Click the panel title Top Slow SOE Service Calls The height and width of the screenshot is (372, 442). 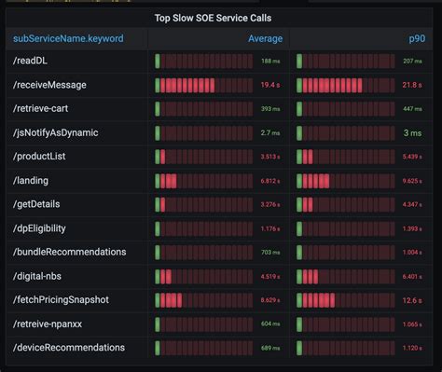coord(220,18)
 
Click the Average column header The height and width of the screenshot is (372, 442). coord(265,39)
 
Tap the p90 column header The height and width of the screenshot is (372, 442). coord(415,39)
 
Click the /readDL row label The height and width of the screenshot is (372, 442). coord(31,62)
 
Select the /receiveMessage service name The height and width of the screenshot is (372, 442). coord(49,85)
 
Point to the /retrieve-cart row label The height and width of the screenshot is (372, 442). coord(43,109)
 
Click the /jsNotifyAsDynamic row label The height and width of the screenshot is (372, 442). coord(55,132)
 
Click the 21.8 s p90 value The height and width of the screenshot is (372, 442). coord(410,85)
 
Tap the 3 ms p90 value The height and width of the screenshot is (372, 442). coord(413,133)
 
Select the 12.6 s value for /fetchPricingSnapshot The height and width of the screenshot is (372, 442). coord(410,299)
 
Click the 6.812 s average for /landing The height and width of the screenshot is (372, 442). coord(269,181)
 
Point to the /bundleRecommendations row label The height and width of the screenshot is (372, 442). coord(69,252)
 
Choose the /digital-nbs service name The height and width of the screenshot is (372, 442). coord(41,276)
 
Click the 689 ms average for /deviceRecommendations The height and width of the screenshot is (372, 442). coord(270,348)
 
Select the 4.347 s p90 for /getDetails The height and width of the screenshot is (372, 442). coord(411,204)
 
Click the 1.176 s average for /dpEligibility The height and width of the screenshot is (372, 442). coord(269,228)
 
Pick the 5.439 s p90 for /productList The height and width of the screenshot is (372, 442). coord(411,157)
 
